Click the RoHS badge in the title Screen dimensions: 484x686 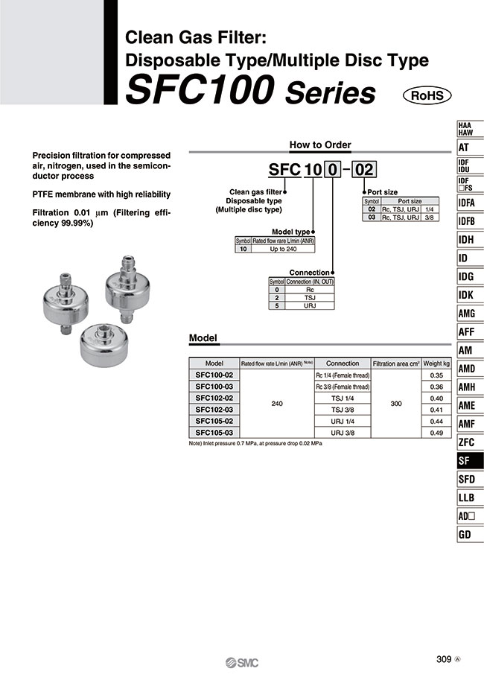426,95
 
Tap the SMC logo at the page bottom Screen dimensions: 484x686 242,663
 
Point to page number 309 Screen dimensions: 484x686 443,659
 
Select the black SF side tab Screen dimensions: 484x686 470,461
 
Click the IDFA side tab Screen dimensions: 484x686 470,203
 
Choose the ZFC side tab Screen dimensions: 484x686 470,442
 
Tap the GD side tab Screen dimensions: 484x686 470,535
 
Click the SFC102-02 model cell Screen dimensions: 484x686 214,398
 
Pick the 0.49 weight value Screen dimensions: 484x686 436,433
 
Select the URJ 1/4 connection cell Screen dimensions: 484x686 343,422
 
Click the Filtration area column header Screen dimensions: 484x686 396,363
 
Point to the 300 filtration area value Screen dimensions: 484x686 396,404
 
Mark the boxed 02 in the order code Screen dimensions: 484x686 364,169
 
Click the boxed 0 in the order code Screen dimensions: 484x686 332,169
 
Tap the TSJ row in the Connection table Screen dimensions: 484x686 302,297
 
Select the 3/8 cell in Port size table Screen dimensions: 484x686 430,217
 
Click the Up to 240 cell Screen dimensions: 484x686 283,249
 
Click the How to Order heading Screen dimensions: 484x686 320,144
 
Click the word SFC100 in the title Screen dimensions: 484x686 200,89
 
